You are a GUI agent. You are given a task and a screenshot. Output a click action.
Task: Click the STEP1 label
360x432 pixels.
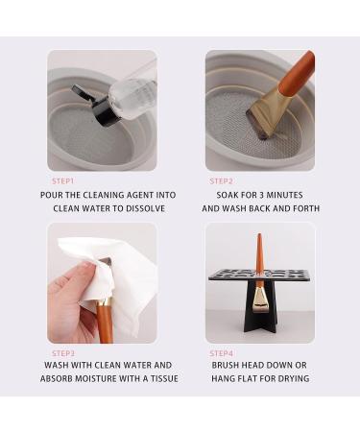tap(62, 180)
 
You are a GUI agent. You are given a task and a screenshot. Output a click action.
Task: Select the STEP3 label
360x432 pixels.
tap(62, 352)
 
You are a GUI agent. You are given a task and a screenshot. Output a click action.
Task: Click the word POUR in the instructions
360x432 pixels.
tap(53, 194)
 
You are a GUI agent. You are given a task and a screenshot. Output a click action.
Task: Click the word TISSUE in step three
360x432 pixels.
tap(156, 379)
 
